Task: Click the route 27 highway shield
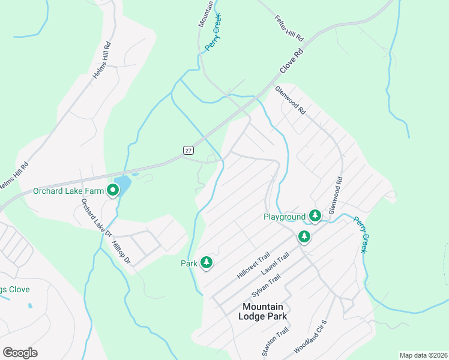point(188,149)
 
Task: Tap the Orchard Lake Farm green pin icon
point(113,191)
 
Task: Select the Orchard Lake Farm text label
point(68,191)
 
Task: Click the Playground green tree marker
point(315,215)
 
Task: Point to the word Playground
point(285,217)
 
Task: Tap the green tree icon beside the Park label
point(206,262)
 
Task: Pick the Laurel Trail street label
point(276,264)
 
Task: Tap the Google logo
point(20,353)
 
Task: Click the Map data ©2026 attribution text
point(423,355)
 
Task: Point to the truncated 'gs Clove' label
point(15,290)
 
